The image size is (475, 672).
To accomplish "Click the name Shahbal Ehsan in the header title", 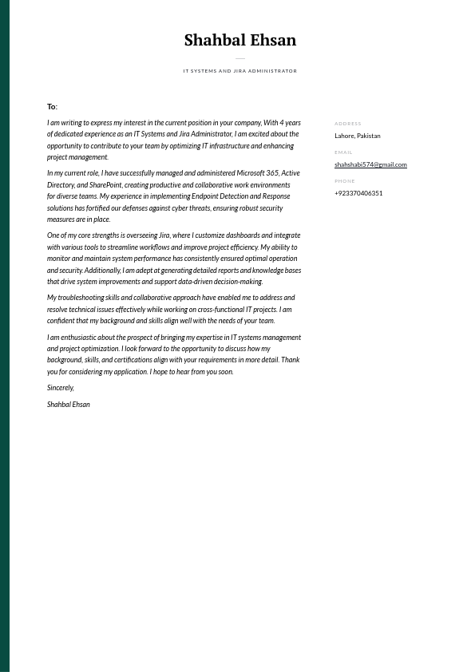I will click(239, 40).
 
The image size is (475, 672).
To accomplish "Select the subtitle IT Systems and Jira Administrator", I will click(239, 71).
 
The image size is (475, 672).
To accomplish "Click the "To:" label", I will click(52, 107).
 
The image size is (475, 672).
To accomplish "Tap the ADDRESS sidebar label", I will click(347, 124).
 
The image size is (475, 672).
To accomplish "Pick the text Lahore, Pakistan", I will click(357, 136).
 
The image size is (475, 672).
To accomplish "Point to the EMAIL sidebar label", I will click(343, 152).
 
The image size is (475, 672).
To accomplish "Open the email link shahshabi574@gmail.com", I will click(370, 164).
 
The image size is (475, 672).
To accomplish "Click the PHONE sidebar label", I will click(345, 181).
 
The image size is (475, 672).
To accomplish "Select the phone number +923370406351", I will click(358, 193).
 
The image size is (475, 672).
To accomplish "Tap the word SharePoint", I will click(105, 185).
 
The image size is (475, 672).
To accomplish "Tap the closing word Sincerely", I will click(60, 388).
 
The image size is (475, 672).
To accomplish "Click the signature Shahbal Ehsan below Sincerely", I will click(68, 405).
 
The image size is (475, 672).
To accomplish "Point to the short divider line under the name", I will click(239, 58).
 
